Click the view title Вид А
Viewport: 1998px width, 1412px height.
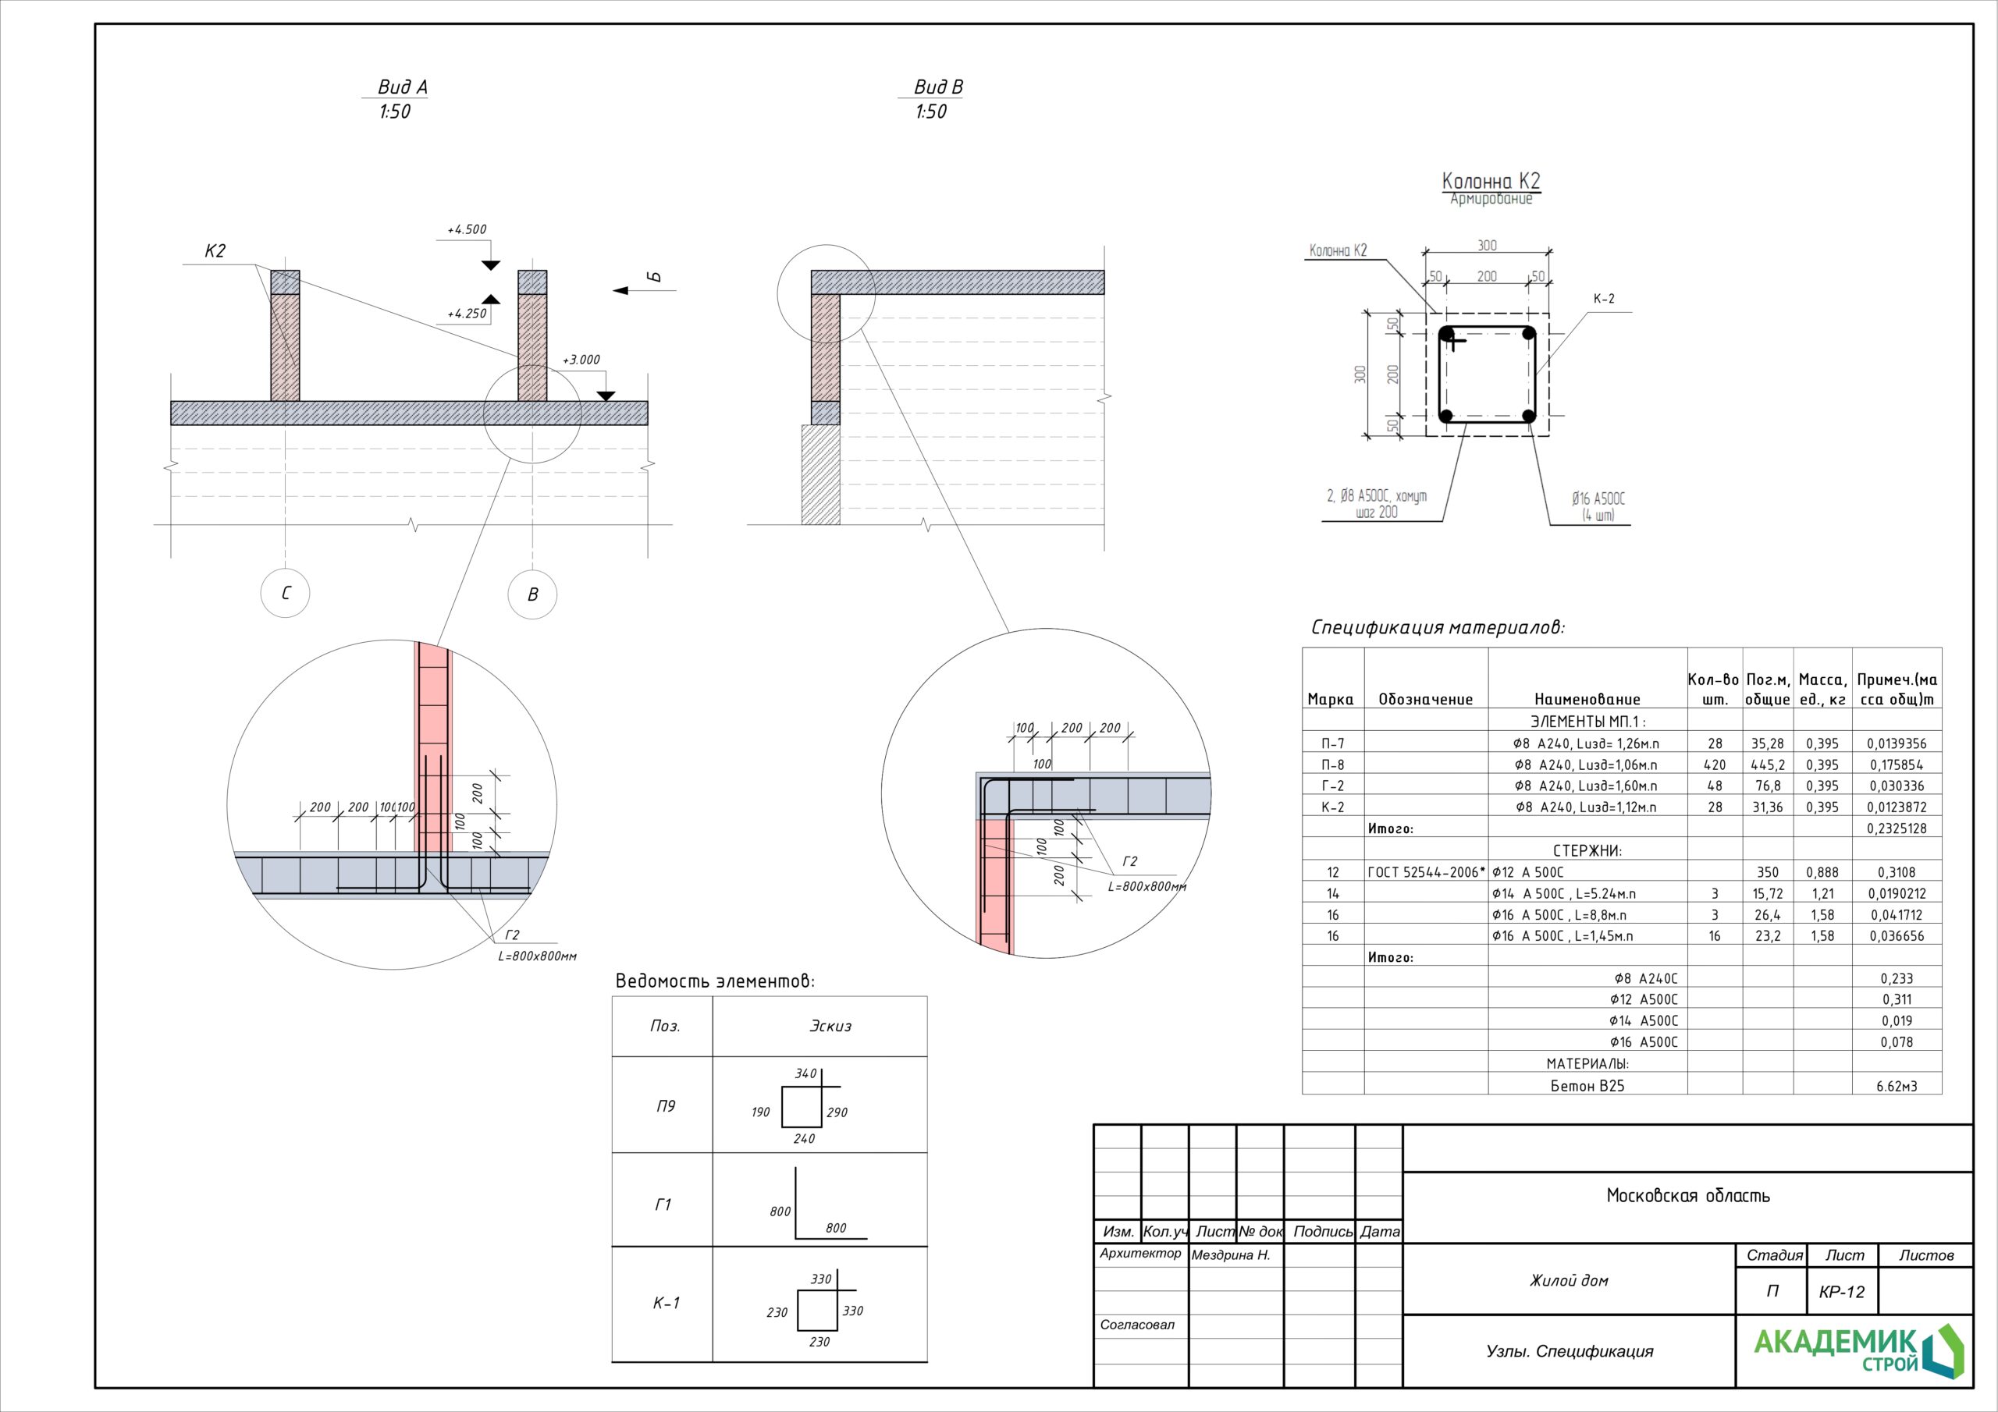(402, 87)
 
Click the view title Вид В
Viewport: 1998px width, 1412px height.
(938, 87)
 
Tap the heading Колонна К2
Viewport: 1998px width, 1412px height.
(1491, 181)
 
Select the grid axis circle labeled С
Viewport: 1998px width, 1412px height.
(286, 594)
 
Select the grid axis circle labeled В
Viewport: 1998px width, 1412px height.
(532, 594)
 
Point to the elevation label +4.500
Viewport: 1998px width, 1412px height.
(467, 229)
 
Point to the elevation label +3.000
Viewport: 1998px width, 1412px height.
(581, 360)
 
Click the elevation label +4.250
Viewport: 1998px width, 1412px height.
(467, 313)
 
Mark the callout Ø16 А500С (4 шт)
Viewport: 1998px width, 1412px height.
(1598, 506)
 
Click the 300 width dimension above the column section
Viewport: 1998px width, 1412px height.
(1488, 245)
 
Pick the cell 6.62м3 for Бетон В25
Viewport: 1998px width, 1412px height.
(1897, 1086)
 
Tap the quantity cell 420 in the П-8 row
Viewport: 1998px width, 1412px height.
(1715, 765)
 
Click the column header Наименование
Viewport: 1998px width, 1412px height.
(1587, 700)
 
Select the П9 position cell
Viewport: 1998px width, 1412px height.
(665, 1105)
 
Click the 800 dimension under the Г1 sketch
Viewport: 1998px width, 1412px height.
(835, 1228)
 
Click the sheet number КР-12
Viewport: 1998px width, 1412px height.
(1841, 1292)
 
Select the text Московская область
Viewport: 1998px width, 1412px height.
(1687, 1196)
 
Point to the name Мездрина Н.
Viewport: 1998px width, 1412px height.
(1231, 1255)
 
